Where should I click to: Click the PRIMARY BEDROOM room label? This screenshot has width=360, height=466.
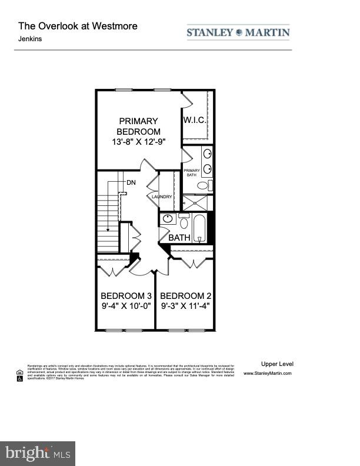tap(138, 126)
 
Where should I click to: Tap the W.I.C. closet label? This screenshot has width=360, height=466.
tap(194, 120)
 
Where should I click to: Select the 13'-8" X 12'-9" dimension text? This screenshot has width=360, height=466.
tap(138, 142)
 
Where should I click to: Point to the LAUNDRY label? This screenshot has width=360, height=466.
tap(162, 197)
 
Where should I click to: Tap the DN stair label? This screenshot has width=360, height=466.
tap(131, 182)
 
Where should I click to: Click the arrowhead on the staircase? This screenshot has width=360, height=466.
tap(109, 229)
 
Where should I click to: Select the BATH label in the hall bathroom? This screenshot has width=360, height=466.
tap(179, 238)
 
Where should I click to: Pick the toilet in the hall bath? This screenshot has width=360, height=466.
tap(184, 223)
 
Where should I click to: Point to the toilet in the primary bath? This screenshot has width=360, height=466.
tap(202, 185)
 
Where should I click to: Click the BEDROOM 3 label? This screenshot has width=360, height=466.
tap(126, 295)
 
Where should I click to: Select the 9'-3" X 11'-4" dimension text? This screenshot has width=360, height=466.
tap(185, 306)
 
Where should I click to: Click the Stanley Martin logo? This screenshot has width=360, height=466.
tap(238, 32)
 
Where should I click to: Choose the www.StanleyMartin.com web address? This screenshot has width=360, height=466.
tap(267, 373)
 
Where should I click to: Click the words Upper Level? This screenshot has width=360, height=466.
tap(277, 364)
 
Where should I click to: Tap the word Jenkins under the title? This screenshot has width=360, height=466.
tap(29, 39)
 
